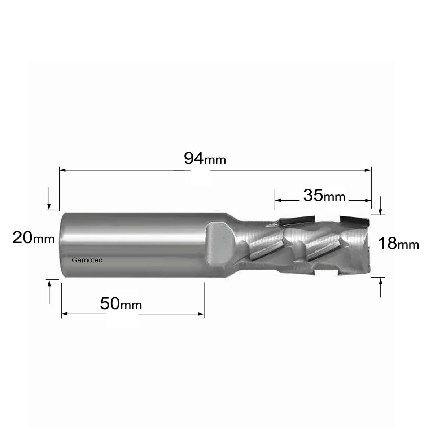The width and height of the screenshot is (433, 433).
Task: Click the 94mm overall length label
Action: point(205,159)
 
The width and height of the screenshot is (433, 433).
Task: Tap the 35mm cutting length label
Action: point(324,195)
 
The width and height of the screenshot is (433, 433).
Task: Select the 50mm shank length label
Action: point(121,303)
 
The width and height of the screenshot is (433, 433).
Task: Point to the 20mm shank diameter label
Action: point(34,237)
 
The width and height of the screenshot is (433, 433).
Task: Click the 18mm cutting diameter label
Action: point(398,243)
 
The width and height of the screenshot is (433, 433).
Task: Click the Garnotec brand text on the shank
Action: point(87,260)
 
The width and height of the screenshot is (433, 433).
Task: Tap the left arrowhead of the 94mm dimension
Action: point(62,170)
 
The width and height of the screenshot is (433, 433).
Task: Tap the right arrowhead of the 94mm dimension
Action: point(368,170)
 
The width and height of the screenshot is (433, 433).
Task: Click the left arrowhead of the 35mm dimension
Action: point(278,200)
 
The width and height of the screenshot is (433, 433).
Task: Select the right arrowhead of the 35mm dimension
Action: point(368,200)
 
